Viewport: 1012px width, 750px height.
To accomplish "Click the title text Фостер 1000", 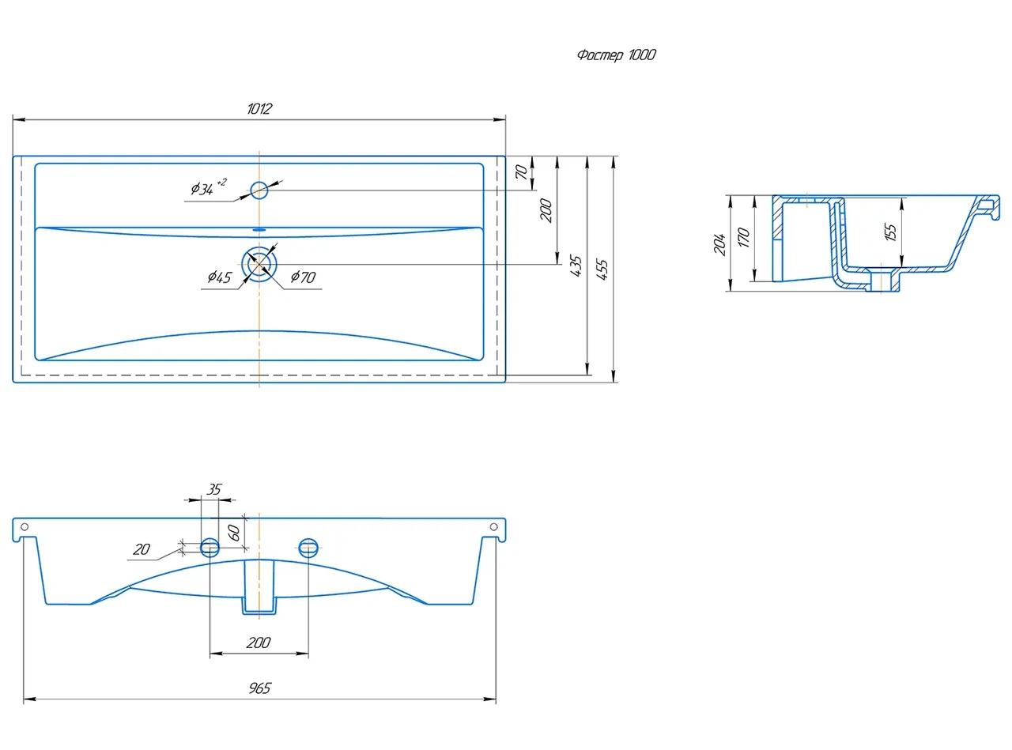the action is (616, 55).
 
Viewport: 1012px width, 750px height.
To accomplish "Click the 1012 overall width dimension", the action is (259, 108).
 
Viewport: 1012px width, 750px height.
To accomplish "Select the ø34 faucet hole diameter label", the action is (208, 187).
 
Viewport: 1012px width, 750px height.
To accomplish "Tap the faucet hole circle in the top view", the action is (259, 190).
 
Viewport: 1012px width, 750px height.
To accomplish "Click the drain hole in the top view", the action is (259, 264).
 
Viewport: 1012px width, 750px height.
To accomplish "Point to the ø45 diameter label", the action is (220, 277).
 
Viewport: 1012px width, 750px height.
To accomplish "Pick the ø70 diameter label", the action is (303, 277).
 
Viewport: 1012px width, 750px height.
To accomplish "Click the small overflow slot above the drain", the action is (259, 229).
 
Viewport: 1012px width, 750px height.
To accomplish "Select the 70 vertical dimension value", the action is (521, 171).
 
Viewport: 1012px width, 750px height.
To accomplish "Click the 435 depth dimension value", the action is (576, 266).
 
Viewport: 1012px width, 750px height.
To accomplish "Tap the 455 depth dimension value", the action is (602, 269).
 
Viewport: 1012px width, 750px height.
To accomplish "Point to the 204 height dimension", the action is (719, 244).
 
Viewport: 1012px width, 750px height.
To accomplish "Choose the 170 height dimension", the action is (743, 238).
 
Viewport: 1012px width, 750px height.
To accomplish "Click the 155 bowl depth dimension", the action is (890, 232).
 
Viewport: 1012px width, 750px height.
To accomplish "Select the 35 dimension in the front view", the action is (213, 489).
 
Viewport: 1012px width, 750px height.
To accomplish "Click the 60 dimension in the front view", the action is (233, 533).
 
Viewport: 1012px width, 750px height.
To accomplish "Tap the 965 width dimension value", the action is (259, 688).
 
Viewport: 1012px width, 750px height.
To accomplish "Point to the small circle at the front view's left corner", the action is (25, 527).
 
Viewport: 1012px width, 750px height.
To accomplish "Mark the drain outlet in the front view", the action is (259, 587).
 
